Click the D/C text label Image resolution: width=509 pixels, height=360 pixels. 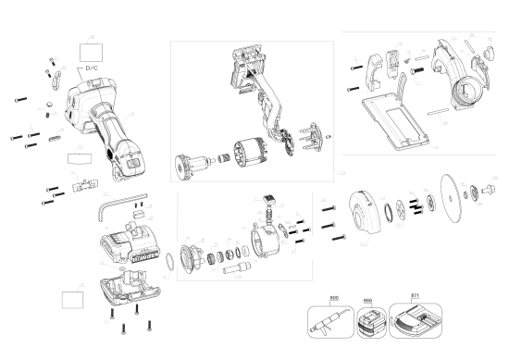click(x=92, y=68)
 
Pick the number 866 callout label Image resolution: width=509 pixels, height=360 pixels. click(x=368, y=301)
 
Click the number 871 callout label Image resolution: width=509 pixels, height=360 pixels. click(x=415, y=297)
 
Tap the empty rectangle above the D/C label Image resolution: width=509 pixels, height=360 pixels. click(x=92, y=48)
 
